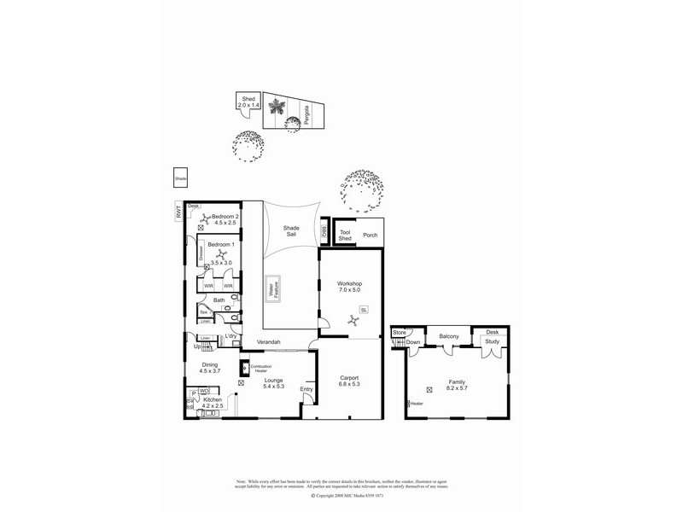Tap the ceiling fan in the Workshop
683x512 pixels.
tap(353, 321)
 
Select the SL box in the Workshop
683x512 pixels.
tap(364, 310)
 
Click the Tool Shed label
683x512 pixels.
tap(345, 236)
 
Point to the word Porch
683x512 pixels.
tap(370, 236)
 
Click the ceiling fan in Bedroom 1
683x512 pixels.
tap(219, 253)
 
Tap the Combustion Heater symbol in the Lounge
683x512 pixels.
tap(245, 369)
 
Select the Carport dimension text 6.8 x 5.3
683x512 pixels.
tap(348, 384)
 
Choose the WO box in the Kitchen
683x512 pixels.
tap(204, 392)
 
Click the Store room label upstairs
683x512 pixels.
tap(399, 331)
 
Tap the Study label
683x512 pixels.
tap(492, 341)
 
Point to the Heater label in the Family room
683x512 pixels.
tap(417, 404)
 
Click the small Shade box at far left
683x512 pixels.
tap(180, 178)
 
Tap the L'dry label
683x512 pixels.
tap(231, 338)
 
